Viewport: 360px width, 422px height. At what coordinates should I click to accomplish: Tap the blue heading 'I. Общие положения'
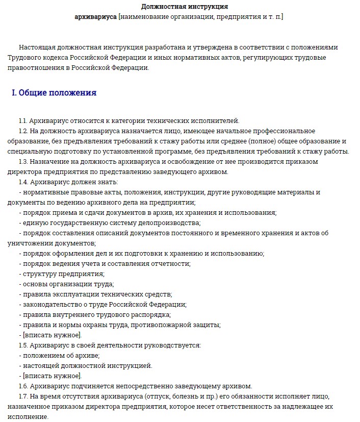54,93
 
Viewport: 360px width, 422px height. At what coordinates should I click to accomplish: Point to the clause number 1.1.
23,121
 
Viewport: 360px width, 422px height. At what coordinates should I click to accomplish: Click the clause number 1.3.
23,162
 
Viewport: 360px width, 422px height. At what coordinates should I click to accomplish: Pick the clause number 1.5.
23,345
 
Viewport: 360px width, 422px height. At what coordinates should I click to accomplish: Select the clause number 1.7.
23,396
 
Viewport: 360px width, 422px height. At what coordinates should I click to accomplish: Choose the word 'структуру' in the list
37,274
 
